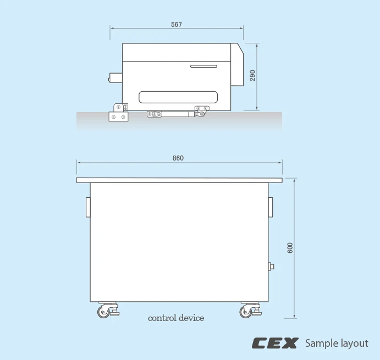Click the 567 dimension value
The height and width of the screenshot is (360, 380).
[176, 25]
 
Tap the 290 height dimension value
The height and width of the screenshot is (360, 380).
[252, 75]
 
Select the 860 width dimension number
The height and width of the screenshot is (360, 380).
[178, 158]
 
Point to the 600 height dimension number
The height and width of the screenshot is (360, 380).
[290, 248]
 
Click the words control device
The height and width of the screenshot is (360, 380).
[176, 318]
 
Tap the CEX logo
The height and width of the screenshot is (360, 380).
[275, 343]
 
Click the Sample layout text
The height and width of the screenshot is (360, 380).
[337, 344]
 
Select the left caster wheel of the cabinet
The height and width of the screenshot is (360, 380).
[104, 312]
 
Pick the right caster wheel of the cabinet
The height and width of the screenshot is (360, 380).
[246, 312]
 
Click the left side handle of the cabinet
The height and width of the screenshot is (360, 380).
[88, 207]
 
